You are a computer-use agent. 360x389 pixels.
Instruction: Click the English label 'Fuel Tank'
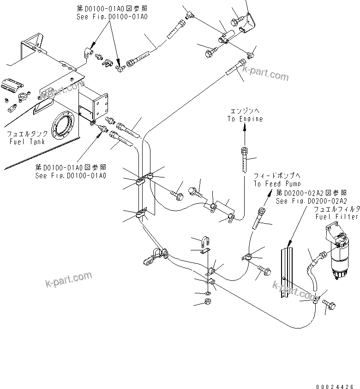27,142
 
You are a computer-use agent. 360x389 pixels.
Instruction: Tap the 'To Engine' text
245,119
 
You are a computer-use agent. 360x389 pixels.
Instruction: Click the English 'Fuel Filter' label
336,216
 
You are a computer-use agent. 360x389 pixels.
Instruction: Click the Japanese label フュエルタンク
27,134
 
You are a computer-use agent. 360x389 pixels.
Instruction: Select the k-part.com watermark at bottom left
68,279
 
